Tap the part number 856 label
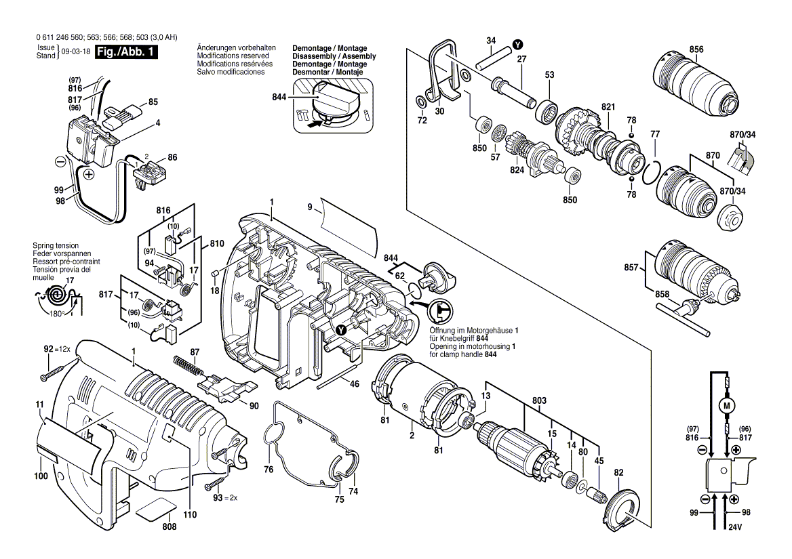696,49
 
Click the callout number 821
607,107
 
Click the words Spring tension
56,245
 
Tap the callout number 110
190,514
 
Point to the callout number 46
354,384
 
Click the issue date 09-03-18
75,53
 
